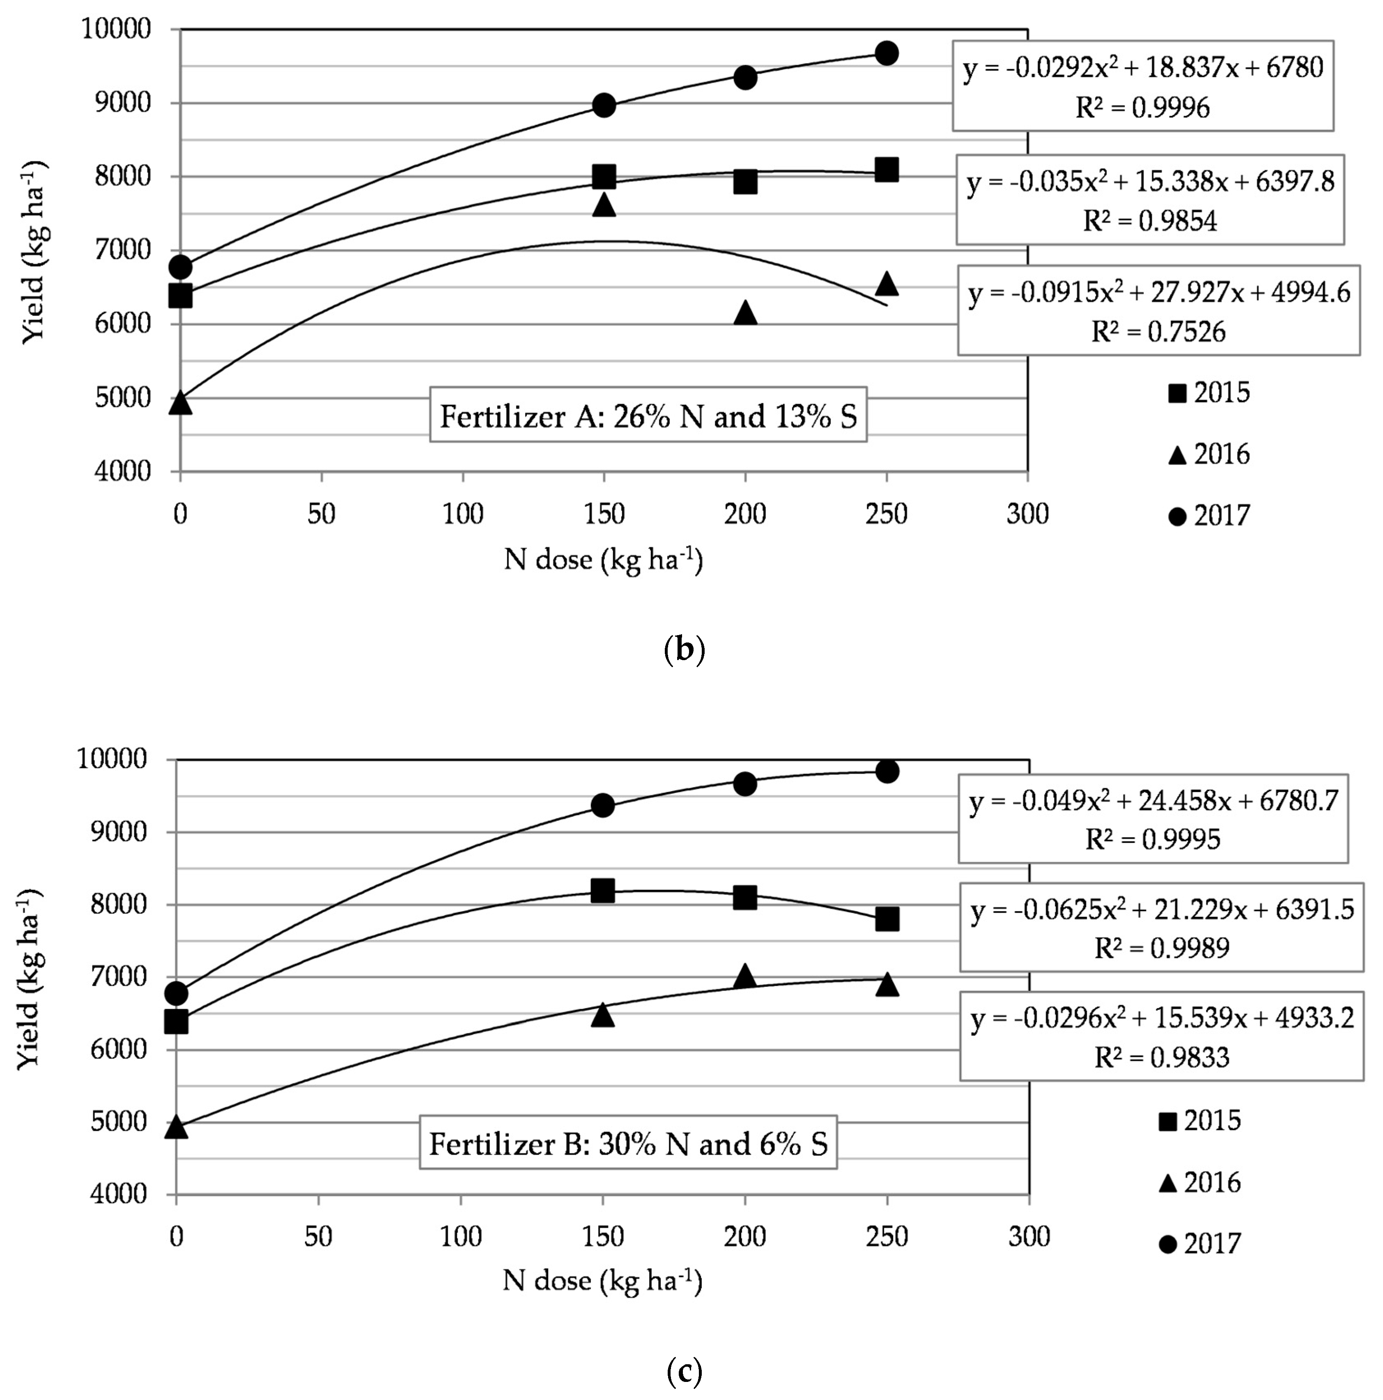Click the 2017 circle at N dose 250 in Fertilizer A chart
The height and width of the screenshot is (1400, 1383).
tap(886, 53)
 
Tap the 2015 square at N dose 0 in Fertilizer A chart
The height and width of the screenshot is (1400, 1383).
tap(180, 296)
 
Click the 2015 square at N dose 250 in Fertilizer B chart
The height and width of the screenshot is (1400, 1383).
tap(886, 919)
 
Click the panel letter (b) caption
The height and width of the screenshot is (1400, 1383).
tap(683, 649)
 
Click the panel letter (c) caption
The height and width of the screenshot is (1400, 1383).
tap(683, 1371)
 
